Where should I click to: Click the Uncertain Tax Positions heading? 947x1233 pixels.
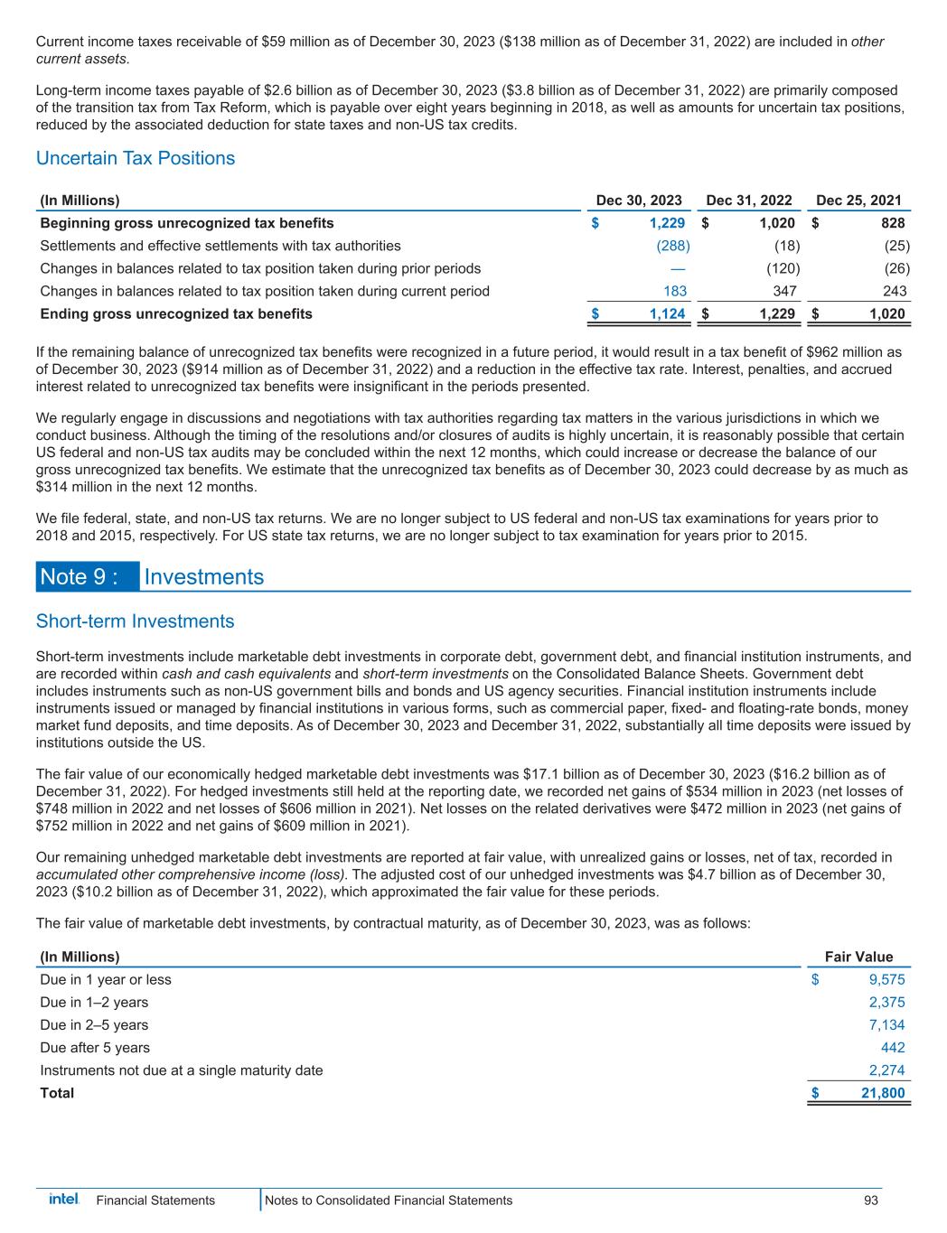(x=136, y=158)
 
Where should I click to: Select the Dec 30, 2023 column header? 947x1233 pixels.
(x=639, y=201)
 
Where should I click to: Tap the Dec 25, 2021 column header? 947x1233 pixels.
(x=858, y=201)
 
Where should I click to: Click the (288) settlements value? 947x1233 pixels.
(x=672, y=246)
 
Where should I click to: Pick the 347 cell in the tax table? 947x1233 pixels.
(x=783, y=291)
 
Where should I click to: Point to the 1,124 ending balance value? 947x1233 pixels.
(x=667, y=313)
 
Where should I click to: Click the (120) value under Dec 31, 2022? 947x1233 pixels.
(x=782, y=268)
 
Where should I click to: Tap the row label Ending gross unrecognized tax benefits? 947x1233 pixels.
(x=176, y=313)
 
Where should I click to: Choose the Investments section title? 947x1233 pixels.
(x=204, y=577)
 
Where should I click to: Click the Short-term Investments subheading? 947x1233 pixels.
(x=135, y=621)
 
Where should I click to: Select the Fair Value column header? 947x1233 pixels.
(x=859, y=957)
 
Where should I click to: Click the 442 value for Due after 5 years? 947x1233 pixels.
(x=893, y=1047)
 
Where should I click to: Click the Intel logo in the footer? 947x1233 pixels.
(x=63, y=1200)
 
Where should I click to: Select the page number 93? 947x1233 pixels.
(x=871, y=1200)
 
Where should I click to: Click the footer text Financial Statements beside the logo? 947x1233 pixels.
(x=155, y=1200)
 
